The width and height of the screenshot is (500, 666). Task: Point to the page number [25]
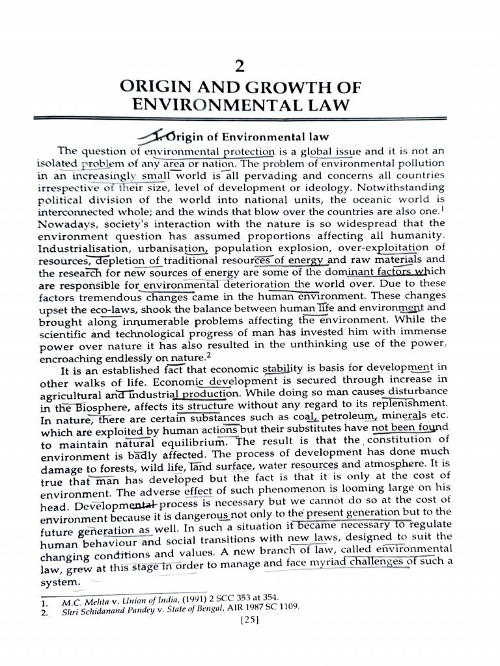coord(250,619)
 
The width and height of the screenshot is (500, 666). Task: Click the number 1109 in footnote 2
coord(287,606)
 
